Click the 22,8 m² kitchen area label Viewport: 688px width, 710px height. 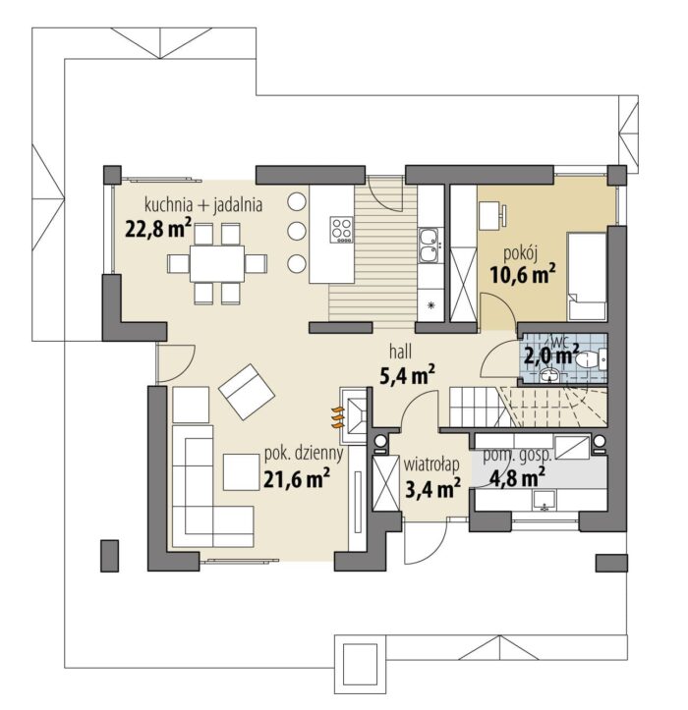click(158, 229)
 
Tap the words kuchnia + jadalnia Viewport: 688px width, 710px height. click(203, 204)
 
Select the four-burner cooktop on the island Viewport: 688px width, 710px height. click(342, 230)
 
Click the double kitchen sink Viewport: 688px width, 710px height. click(429, 246)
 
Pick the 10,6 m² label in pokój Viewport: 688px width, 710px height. click(523, 274)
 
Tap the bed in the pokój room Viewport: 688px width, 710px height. click(587, 277)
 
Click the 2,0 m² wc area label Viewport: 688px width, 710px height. click(551, 355)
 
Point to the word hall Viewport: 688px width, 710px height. click(401, 351)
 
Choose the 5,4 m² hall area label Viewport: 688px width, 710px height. click(408, 375)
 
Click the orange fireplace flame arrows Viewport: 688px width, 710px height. click(338, 418)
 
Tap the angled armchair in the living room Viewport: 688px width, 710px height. click(247, 392)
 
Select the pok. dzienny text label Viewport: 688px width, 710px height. click(304, 454)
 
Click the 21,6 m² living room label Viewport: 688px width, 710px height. click(297, 479)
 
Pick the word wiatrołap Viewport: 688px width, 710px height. click(431, 464)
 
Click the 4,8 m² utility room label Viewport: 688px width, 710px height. click(517, 476)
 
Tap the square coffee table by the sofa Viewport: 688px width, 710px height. click(241, 472)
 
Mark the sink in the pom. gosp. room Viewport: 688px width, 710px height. click(543, 501)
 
